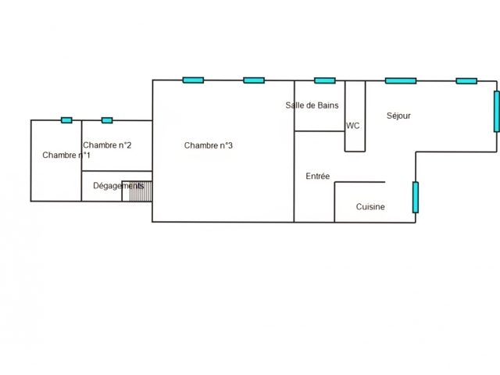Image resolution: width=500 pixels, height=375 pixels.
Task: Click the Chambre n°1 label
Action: pyautogui.click(x=66, y=155)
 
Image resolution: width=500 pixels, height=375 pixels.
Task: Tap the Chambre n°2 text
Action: pyautogui.click(x=107, y=145)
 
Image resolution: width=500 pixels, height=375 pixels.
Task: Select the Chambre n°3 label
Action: pyautogui.click(x=209, y=145)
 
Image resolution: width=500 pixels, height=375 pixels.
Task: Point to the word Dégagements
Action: pyautogui.click(x=118, y=186)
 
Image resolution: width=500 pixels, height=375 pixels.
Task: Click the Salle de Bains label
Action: pyautogui.click(x=312, y=105)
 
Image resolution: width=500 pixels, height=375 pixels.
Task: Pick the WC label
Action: pyautogui.click(x=353, y=126)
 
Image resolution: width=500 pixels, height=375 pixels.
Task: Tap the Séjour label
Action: pyautogui.click(x=398, y=116)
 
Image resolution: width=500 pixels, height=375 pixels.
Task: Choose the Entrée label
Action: pyautogui.click(x=317, y=177)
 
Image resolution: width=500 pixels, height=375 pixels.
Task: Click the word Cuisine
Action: pyautogui.click(x=370, y=207)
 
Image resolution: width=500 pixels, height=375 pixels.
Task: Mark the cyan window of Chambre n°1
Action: pyautogui.click(x=66, y=120)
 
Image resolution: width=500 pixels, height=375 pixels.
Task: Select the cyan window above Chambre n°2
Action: pyautogui.click(x=107, y=120)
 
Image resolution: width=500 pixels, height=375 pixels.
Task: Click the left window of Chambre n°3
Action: pyautogui.click(x=193, y=80)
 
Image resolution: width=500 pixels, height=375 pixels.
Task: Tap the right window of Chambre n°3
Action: pyautogui.click(x=254, y=80)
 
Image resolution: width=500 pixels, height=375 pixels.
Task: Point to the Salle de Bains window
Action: pyautogui.click(x=325, y=80)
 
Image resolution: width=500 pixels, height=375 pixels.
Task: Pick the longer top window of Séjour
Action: pyautogui.click(x=401, y=80)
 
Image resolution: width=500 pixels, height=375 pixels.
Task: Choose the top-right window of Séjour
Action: pyautogui.click(x=466, y=80)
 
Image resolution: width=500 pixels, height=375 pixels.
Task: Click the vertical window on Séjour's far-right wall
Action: pyautogui.click(x=496, y=112)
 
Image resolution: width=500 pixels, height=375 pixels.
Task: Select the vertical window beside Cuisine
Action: pyautogui.click(x=416, y=197)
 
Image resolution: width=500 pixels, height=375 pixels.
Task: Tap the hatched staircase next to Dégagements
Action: pyautogui.click(x=137, y=191)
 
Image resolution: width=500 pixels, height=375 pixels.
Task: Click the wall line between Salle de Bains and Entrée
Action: pyautogui.click(x=320, y=131)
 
